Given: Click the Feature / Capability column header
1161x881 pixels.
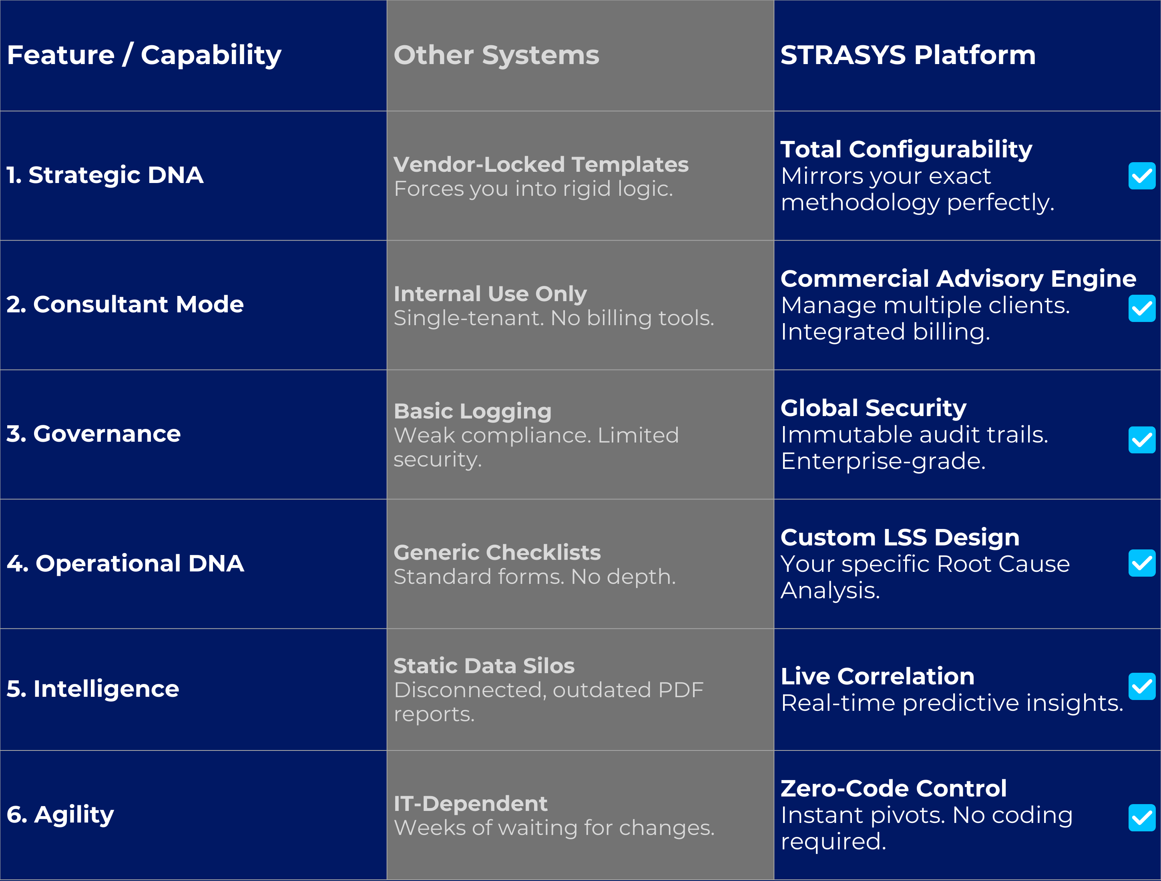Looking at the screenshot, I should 145,55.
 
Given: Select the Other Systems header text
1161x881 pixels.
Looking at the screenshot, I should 496,55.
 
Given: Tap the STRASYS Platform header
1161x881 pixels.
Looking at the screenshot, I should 908,55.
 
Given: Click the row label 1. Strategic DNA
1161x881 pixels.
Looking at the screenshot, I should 105,175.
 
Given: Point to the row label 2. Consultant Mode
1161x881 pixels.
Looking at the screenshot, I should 125,304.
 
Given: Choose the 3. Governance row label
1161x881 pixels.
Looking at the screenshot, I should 93,434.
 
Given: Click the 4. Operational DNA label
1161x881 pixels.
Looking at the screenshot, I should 125,563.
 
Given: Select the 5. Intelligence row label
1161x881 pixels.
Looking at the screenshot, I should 93,689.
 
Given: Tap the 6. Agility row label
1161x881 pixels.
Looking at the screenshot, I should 60,814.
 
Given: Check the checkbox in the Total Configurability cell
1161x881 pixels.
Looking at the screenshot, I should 1141,176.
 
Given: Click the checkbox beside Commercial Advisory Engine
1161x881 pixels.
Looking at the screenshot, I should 1141,308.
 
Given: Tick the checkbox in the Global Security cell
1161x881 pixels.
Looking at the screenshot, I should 1141,439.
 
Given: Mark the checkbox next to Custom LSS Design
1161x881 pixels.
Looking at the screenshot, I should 1141,563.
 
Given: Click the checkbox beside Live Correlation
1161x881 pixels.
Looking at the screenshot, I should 1141,686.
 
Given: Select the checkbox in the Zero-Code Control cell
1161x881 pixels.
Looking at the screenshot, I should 1141,817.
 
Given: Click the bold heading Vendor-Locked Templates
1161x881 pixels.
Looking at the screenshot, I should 540,164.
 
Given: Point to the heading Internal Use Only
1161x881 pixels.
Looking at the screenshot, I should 490,294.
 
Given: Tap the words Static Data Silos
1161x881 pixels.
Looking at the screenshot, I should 484,666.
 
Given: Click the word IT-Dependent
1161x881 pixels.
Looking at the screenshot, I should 470,804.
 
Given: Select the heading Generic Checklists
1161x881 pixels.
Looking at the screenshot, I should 497,552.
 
